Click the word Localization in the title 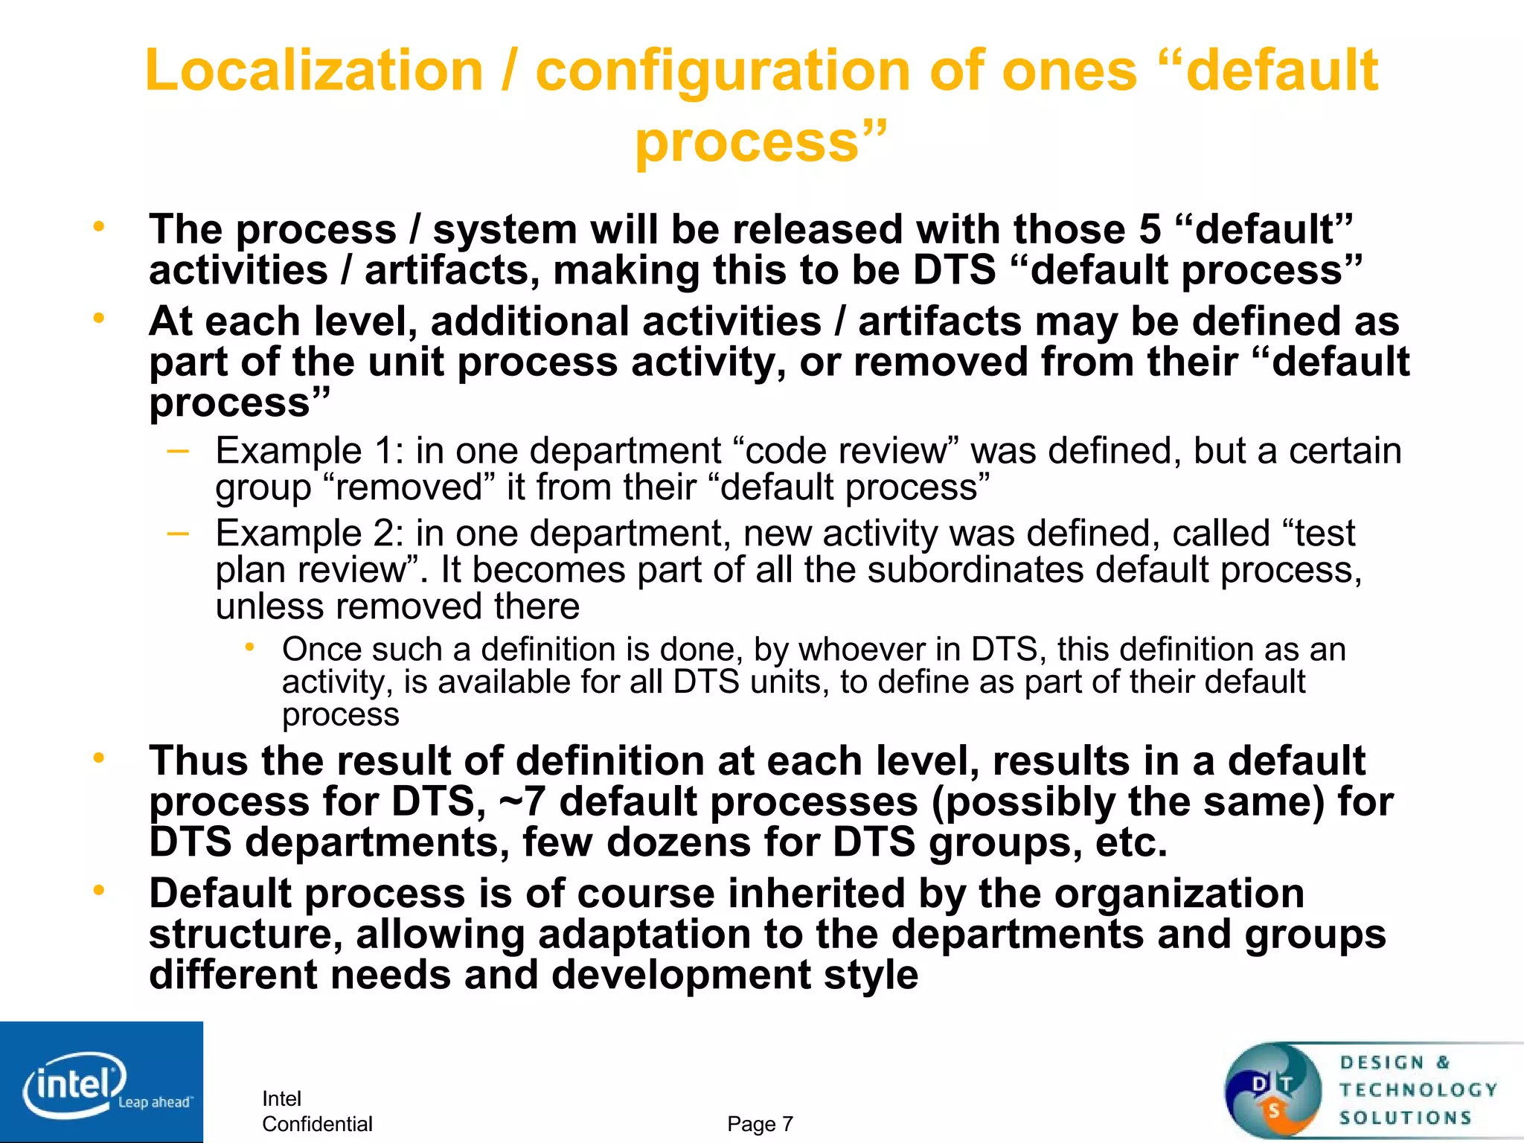tap(314, 71)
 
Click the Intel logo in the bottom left tap(100, 1083)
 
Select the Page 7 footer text tap(760, 1124)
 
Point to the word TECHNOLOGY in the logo tap(1418, 1090)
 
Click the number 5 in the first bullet tap(1150, 229)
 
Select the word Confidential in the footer tap(317, 1124)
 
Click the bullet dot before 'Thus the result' tap(98, 758)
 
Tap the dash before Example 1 tap(178, 449)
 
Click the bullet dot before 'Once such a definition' tap(250, 647)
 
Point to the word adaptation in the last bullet tap(644, 935)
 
